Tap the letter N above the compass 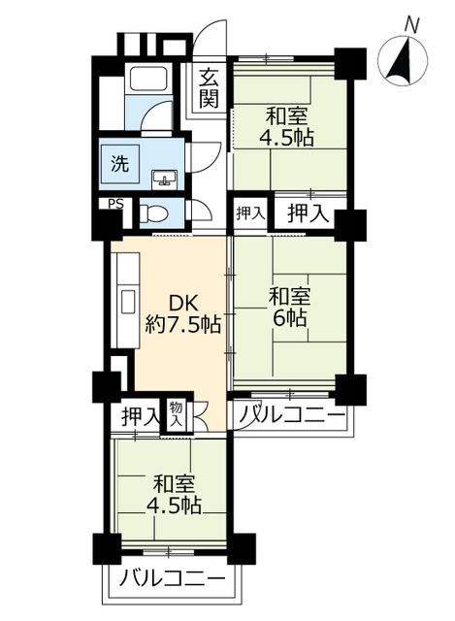pos(411,21)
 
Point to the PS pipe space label pos(115,204)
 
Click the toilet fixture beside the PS pos(152,212)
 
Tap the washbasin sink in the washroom pos(164,178)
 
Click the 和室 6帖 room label pos(289,305)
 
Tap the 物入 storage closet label pos(177,415)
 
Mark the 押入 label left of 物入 pos(140,417)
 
